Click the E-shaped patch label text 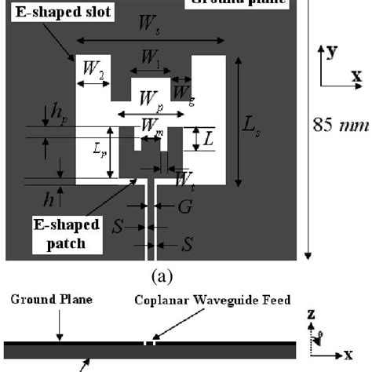click(67, 234)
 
